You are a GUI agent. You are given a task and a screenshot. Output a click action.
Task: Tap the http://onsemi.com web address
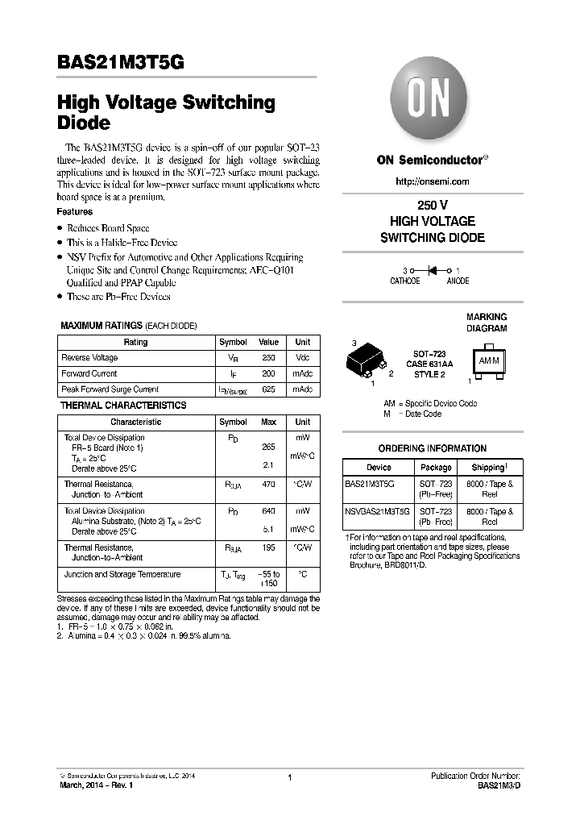(433, 181)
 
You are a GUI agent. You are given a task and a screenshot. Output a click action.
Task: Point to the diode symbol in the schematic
(433, 271)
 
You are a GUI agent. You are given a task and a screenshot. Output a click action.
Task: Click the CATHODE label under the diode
(405, 281)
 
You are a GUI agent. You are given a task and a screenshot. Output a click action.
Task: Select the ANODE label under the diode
(458, 281)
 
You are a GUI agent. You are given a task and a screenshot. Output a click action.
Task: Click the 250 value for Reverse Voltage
(268, 357)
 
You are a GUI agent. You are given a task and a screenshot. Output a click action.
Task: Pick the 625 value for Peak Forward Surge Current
(268, 389)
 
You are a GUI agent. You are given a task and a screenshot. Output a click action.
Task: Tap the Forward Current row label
(89, 373)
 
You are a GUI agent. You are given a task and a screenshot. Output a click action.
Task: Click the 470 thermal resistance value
(268, 485)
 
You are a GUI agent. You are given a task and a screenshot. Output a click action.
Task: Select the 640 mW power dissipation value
(268, 511)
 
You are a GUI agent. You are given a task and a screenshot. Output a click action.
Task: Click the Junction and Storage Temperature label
(122, 574)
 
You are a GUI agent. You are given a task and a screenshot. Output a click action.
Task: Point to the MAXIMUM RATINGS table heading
(129, 326)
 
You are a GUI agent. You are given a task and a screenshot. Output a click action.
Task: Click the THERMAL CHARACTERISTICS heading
(123, 406)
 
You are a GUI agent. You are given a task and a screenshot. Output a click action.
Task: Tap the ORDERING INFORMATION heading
(433, 448)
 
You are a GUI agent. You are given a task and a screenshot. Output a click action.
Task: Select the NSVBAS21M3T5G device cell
(377, 512)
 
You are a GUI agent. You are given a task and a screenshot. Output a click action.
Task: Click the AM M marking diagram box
(489, 360)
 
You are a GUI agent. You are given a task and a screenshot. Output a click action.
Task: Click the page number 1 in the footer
(289, 777)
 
